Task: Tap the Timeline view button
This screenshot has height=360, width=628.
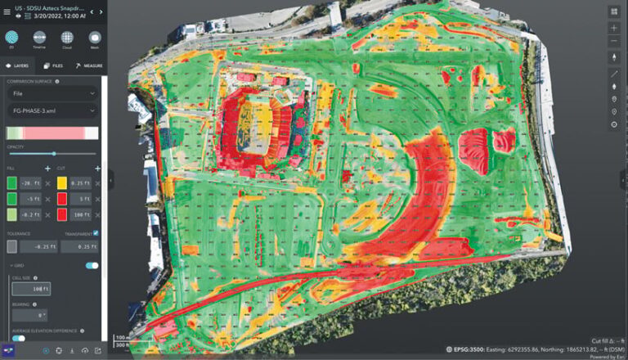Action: point(39,38)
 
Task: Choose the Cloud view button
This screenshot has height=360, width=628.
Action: point(67,38)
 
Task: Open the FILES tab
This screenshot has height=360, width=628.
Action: point(53,65)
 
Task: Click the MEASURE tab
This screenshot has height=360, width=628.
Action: point(87,65)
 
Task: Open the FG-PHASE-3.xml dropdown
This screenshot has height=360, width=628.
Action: point(52,110)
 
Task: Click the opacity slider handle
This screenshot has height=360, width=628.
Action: point(54,154)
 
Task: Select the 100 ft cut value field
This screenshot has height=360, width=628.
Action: point(80,215)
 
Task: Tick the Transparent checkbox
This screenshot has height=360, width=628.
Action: point(96,233)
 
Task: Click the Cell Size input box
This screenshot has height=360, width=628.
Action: point(30,288)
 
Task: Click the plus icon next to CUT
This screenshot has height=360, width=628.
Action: point(96,168)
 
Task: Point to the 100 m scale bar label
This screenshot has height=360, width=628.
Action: point(120,336)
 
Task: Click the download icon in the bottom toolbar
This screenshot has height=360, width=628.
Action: point(71,351)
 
